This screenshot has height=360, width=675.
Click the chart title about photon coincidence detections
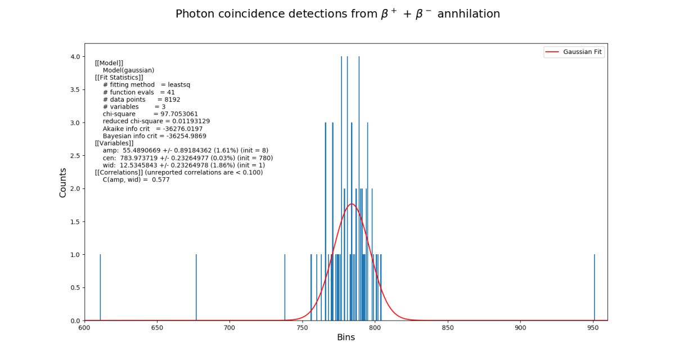pos(337,14)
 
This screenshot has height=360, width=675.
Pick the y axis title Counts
pos(63,182)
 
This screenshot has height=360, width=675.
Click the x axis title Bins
pos(345,337)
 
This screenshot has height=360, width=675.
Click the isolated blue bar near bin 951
pos(595,287)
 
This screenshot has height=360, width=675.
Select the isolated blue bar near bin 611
pos(100,287)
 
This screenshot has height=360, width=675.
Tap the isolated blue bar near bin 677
pos(196,287)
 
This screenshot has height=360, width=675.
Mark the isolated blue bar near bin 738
pos(285,287)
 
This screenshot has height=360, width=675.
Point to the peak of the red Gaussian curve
pos(352,204)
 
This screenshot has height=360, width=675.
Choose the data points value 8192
pos(169,100)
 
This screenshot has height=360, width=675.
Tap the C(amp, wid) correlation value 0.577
pos(160,180)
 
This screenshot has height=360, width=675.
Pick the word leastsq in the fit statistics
pos(179,85)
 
